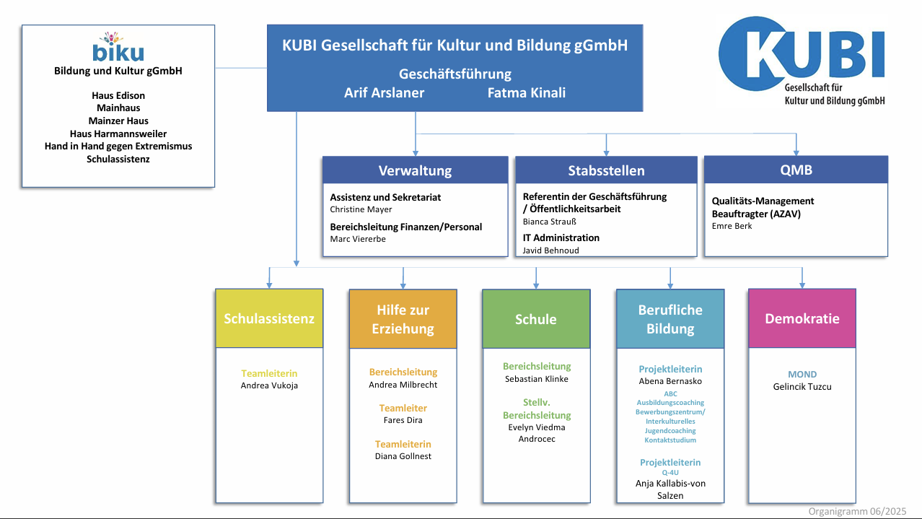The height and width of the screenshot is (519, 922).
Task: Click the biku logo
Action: click(x=118, y=48)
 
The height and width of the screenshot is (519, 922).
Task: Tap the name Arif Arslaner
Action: click(x=384, y=92)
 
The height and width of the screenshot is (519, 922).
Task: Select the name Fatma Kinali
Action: click(x=526, y=92)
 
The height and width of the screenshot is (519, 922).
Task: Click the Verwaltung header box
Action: click(x=415, y=170)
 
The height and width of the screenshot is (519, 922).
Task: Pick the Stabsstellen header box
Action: click(x=606, y=170)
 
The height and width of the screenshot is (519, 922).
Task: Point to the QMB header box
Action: click(x=796, y=170)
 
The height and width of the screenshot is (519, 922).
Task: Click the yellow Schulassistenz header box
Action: click(x=269, y=318)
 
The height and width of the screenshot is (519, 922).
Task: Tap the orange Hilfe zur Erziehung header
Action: click(x=403, y=319)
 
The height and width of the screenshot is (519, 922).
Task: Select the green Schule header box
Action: click(x=536, y=319)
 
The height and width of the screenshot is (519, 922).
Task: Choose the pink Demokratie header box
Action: click(x=802, y=318)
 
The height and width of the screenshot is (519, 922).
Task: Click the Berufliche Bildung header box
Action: click(x=669, y=319)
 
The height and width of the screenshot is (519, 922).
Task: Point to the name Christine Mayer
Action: click(x=361, y=209)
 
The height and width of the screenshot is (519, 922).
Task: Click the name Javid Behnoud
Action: click(x=550, y=250)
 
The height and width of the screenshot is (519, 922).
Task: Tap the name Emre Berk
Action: click(x=732, y=226)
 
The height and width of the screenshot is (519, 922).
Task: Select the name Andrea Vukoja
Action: click(x=269, y=385)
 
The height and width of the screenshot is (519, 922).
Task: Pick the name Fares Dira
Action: click(x=403, y=420)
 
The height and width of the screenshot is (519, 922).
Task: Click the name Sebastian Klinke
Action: click(x=536, y=379)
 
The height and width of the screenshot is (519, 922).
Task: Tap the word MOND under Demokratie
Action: click(x=802, y=374)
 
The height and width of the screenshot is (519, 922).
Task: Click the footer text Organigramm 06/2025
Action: click(x=856, y=511)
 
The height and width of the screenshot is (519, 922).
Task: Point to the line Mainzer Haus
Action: click(x=118, y=121)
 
